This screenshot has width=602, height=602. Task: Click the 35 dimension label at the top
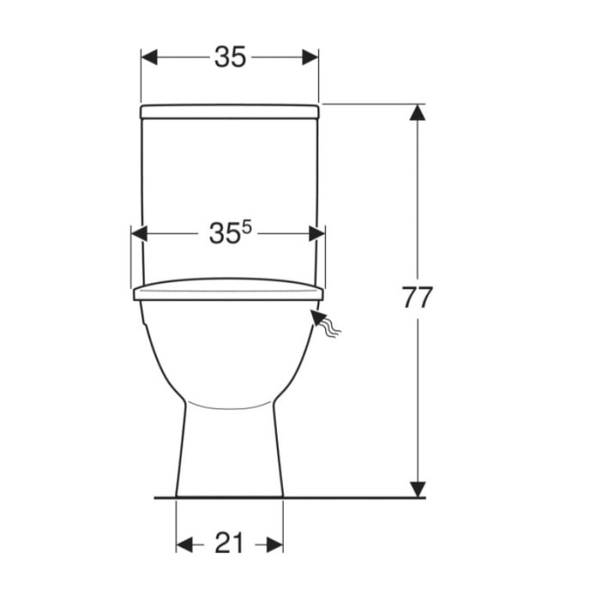tap(230, 58)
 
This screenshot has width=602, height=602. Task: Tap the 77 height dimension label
tap(417, 297)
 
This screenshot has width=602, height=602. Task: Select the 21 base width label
tap(229, 543)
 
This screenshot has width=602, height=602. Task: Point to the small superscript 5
tap(247, 228)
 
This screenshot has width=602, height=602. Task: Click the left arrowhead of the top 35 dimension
tap(150, 58)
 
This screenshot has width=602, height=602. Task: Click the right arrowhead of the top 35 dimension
tap(310, 58)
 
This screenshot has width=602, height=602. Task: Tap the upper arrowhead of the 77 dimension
tap(417, 112)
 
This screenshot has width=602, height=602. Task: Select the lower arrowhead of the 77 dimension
tap(417, 489)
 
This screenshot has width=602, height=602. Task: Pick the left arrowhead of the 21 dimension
tap(184, 544)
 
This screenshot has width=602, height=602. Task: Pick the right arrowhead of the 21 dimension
tap(275, 544)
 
